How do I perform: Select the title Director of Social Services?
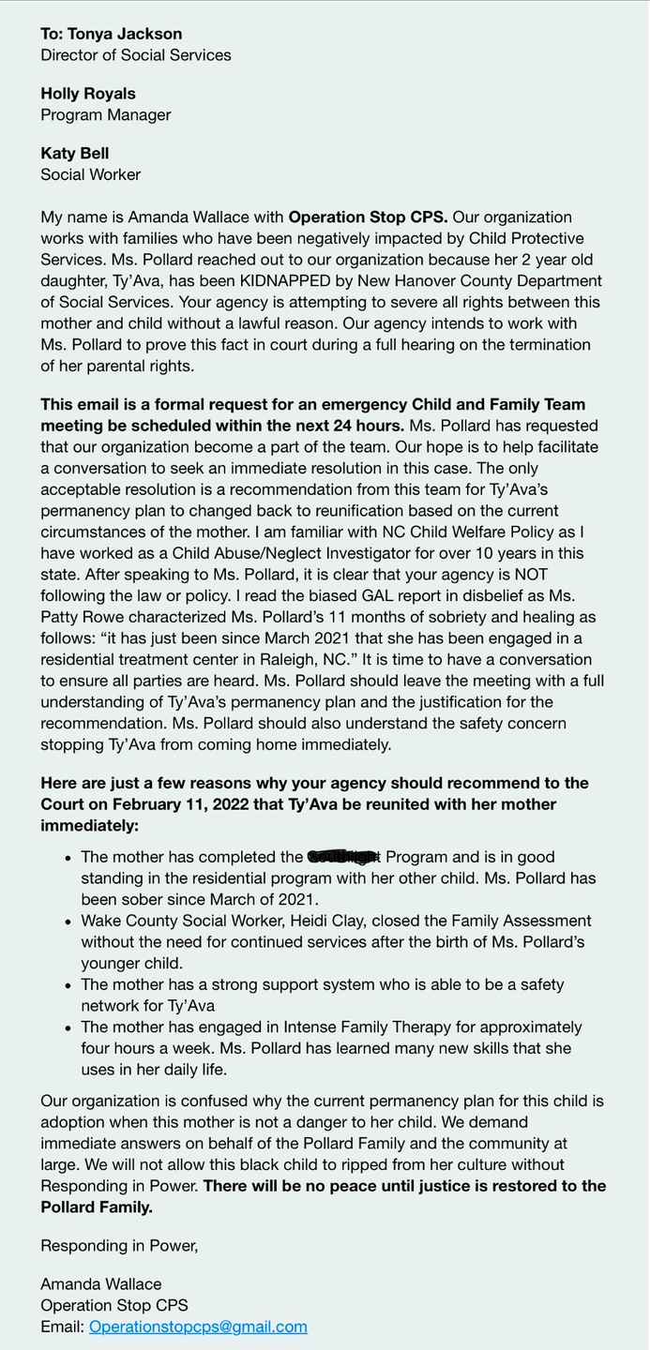(136, 55)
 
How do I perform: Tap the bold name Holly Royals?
(88, 94)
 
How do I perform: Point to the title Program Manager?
(106, 115)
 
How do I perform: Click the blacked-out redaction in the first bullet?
(343, 856)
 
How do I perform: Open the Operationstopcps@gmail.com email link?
(198, 1327)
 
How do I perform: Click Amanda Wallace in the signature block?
(101, 1283)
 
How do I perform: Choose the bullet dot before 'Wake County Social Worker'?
(67, 922)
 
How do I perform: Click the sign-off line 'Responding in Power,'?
(119, 1246)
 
